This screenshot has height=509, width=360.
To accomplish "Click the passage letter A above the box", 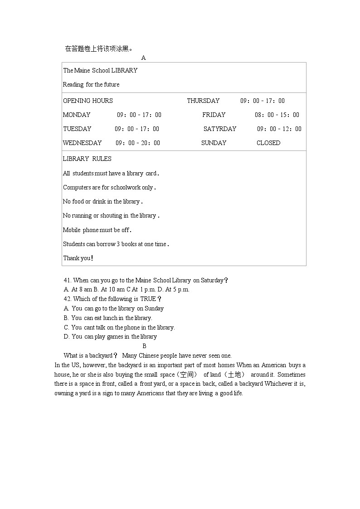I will (x=143, y=58).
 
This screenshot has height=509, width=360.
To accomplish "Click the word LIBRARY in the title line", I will (x=124, y=70).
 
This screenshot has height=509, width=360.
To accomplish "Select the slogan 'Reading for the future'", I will (x=91, y=84).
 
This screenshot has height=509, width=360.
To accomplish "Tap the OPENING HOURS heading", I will (x=88, y=101).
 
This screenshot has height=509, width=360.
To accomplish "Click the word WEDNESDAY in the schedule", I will (x=82, y=143).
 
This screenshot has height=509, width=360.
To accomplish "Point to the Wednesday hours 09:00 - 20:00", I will (x=138, y=143).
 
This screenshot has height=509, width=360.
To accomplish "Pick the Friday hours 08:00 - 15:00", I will (x=277, y=115).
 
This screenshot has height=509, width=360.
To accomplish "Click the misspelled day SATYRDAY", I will (x=220, y=129).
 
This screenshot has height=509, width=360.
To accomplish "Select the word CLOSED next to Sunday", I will (x=268, y=143).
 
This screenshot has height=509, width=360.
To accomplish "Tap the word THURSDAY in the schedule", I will (x=203, y=101).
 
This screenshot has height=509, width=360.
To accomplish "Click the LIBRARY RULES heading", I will (x=87, y=159).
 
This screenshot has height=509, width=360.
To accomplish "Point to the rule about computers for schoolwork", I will (x=109, y=187).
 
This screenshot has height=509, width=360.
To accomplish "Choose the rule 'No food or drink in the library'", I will (x=102, y=201).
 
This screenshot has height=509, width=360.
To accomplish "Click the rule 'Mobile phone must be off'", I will (x=97, y=230).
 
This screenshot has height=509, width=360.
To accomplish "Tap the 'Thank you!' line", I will (x=78, y=258).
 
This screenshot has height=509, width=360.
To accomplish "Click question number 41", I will (x=68, y=280).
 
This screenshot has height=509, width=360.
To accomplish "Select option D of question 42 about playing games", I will (x=111, y=336).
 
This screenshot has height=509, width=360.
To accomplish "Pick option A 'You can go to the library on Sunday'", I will (x=114, y=308).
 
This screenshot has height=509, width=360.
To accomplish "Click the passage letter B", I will (x=144, y=346).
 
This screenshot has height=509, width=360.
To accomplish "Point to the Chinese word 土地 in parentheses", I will (x=234, y=374).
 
